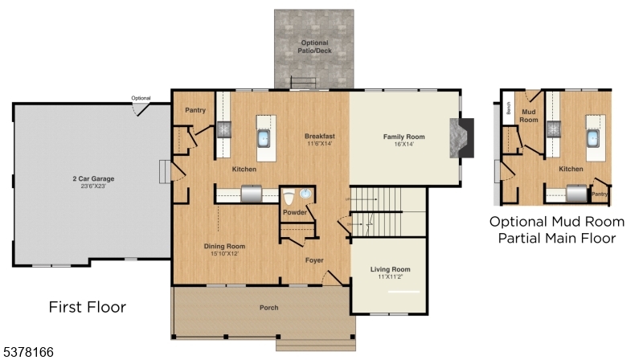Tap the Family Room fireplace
465,137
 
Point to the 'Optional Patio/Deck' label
313,46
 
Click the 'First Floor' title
87,306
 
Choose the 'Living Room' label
390,269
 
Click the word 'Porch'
268,308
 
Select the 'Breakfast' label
320,136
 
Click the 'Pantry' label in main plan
195,110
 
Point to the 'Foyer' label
314,260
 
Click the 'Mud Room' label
528,116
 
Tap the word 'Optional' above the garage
141,98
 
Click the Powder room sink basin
305,195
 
